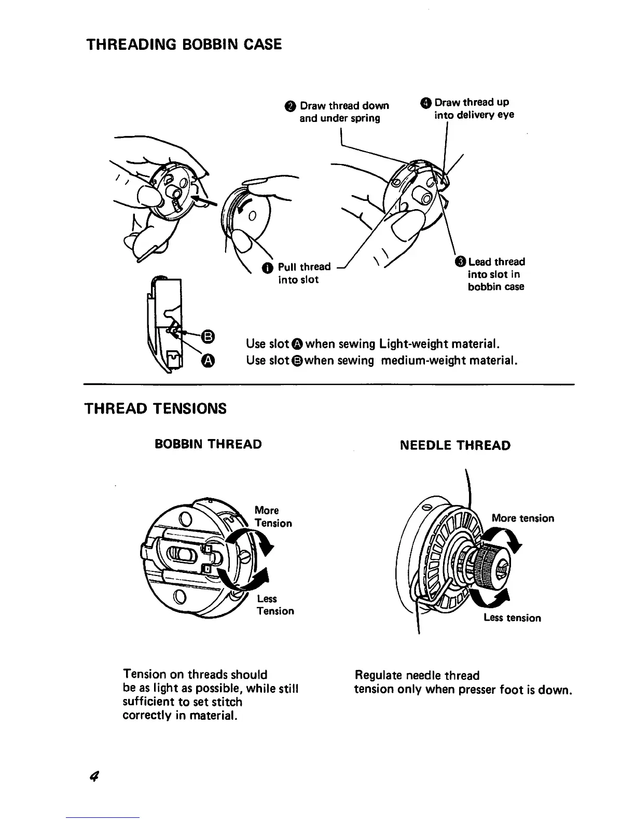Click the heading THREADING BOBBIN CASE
pyautogui.click(x=184, y=44)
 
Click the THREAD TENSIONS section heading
pyautogui.click(x=156, y=409)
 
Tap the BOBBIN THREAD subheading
pyautogui.click(x=209, y=444)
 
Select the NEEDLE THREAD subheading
pyautogui.click(x=455, y=445)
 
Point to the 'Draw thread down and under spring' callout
pyautogui.click(x=344, y=112)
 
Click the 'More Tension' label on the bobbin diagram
pyautogui.click(x=273, y=517)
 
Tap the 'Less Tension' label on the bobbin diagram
pyautogui.click(x=275, y=605)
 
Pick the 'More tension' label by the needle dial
pyautogui.click(x=522, y=518)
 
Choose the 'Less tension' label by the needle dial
pyautogui.click(x=512, y=618)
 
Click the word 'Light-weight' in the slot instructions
pyautogui.click(x=413, y=344)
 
